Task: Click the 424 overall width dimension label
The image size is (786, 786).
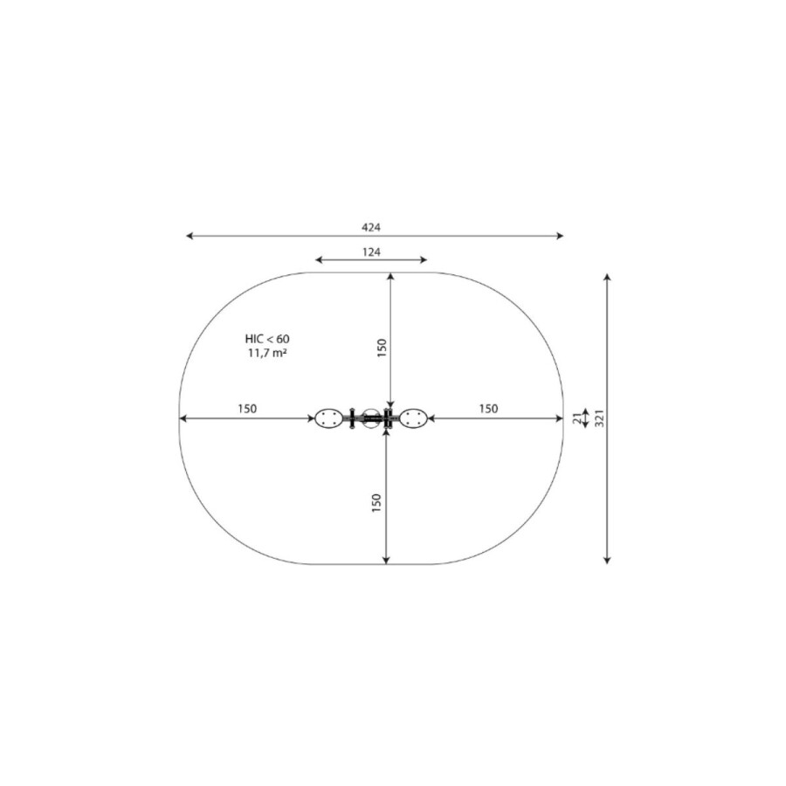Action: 371,227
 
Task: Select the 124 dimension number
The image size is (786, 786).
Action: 371,252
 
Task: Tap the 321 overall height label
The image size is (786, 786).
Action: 599,418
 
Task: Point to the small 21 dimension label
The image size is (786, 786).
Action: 577,418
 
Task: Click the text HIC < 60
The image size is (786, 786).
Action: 267,339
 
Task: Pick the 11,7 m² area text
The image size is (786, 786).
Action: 267,353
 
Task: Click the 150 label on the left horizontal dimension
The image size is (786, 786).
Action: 247,409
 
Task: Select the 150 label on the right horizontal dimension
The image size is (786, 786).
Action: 488,409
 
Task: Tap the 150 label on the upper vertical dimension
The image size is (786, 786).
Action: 382,348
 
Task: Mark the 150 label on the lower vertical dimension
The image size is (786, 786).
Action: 376,503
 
